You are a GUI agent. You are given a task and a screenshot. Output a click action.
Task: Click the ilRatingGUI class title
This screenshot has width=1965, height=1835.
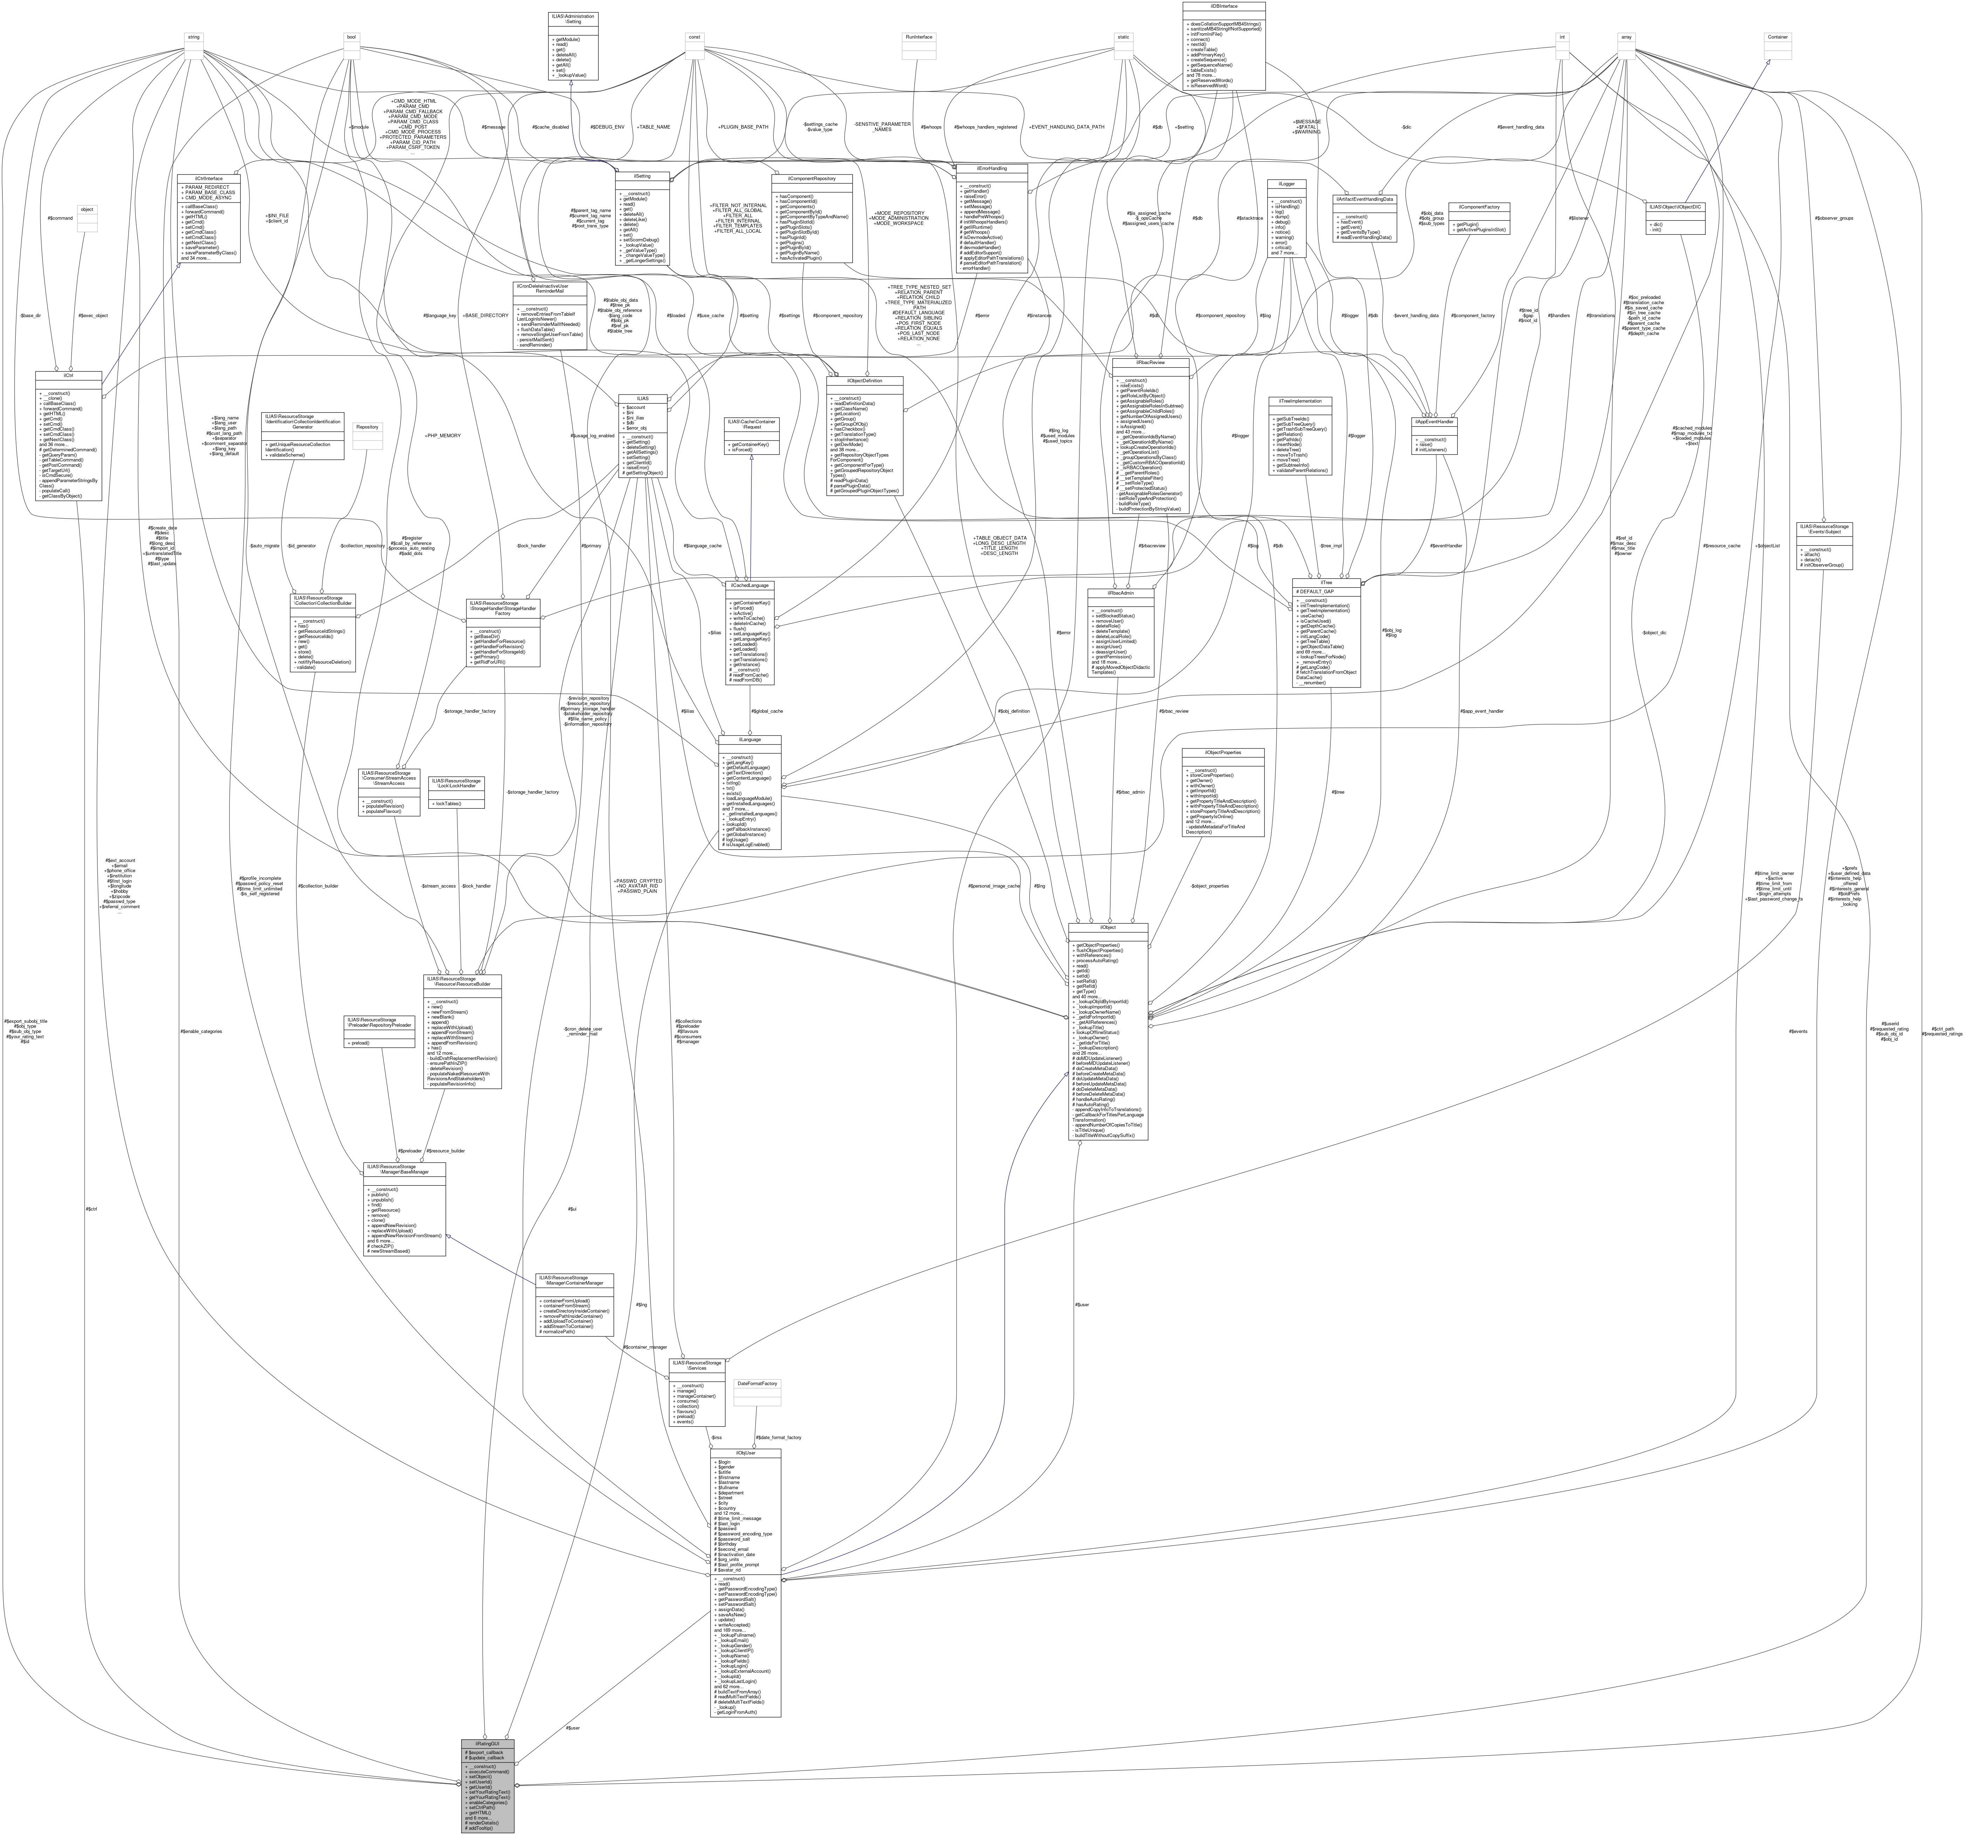[487, 1743]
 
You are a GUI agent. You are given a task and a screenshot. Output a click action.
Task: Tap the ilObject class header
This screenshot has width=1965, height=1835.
[1108, 927]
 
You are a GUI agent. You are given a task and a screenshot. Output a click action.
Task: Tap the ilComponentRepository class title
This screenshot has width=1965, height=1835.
[812, 179]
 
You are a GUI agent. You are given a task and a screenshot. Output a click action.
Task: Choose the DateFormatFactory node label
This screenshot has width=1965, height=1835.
[757, 1383]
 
